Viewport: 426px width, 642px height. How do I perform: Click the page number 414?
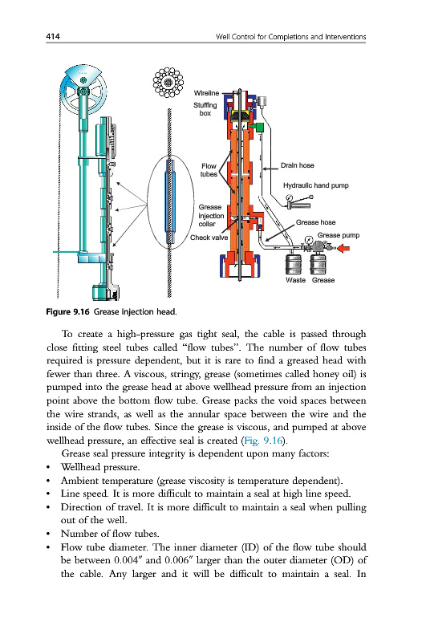click(53, 36)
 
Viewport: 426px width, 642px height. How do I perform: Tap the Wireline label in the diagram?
click(206, 93)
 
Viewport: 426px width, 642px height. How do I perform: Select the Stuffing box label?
click(205, 109)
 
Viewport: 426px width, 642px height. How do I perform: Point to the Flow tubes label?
click(209, 170)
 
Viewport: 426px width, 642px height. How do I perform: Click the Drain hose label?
click(297, 165)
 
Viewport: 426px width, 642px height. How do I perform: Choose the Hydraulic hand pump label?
click(316, 185)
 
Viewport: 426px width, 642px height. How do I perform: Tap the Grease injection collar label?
click(211, 215)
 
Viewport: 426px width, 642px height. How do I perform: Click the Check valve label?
click(209, 238)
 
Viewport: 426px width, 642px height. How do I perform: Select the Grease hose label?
click(315, 222)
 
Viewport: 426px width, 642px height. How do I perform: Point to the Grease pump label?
click(339, 235)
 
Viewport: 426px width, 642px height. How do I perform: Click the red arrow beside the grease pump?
click(343, 248)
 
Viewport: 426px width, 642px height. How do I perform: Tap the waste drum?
click(293, 264)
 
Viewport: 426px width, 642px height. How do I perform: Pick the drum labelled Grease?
click(318, 264)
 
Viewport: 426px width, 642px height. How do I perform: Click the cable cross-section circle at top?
click(168, 83)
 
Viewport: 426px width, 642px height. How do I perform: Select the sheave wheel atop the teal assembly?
click(83, 88)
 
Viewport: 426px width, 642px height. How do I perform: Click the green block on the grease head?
click(258, 127)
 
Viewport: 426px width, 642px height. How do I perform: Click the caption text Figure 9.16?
click(67, 312)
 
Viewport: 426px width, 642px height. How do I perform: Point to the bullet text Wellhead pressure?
click(100, 467)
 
